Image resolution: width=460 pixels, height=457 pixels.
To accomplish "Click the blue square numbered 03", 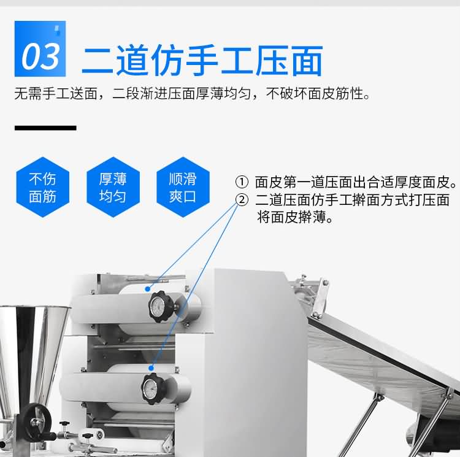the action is click(40, 48).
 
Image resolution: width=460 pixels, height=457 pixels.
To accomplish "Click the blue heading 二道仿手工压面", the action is click(202, 61).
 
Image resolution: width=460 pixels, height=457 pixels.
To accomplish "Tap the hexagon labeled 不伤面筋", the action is click(42, 187).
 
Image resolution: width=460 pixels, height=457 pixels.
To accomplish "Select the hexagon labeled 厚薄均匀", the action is click(113, 187).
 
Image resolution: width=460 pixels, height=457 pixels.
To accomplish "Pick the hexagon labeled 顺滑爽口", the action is click(183, 187).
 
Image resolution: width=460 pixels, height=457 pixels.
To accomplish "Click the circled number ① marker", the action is click(242, 182).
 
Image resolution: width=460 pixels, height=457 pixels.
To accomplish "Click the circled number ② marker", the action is click(242, 200).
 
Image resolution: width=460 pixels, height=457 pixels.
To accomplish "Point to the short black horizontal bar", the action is click(45, 128).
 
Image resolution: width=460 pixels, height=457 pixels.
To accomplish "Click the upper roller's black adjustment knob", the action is click(161, 307).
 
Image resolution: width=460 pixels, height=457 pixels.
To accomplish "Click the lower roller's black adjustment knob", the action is click(153, 389).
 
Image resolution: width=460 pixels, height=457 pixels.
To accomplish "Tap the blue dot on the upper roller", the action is click(148, 289).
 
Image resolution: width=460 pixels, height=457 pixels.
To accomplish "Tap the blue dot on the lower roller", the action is click(151, 368).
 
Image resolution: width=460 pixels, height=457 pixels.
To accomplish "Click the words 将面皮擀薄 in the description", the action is click(291, 218).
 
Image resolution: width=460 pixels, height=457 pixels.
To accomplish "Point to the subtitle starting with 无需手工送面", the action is click(192, 94).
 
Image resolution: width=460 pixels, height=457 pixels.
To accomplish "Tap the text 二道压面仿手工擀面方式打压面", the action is click(352, 200).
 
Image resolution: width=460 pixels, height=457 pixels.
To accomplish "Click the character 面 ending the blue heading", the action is click(307, 61).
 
